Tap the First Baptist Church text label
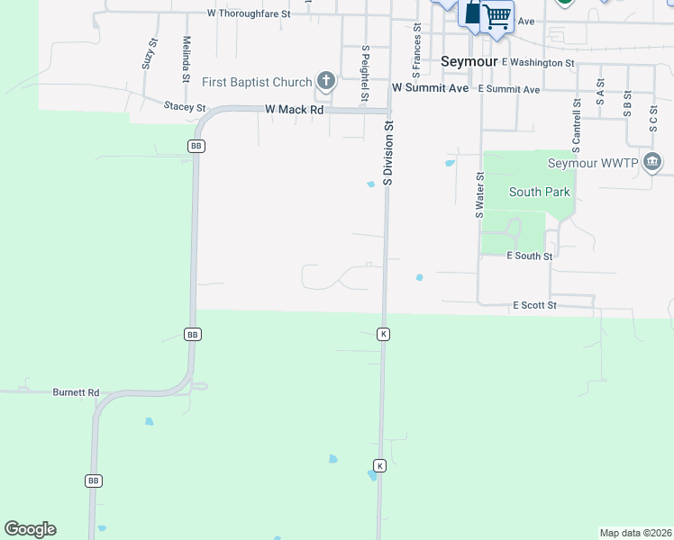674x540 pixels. (257, 83)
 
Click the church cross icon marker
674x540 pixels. (325, 83)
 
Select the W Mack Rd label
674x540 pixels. (294, 110)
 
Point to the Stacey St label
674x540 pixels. (185, 107)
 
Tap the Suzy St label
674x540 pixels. (150, 55)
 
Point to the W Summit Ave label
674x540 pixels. (431, 88)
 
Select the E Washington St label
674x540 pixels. (538, 63)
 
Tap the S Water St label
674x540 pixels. (480, 196)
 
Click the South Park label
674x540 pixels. (539, 192)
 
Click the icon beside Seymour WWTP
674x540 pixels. (653, 163)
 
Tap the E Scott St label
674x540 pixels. (534, 306)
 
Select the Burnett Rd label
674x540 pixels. (76, 392)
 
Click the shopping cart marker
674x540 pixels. (496, 15)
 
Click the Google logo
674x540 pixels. (30, 529)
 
